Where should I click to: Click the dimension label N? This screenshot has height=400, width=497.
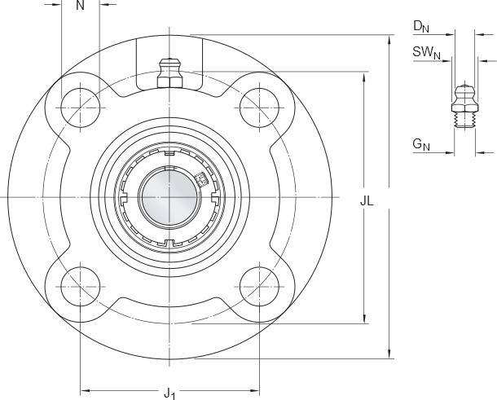tap(80, 5)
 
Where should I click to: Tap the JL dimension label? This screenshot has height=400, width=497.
tap(367, 201)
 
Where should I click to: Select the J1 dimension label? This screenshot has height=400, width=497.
tap(169, 393)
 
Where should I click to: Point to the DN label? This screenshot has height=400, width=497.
tap(421, 26)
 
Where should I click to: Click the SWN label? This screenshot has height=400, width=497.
tap(426, 52)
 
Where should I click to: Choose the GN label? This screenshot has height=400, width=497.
tap(421, 144)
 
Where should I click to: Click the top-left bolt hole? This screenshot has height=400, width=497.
tap(80, 108)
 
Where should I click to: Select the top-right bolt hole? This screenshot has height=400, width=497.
tap(259, 108)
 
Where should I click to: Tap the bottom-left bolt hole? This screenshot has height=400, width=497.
tap(80, 287)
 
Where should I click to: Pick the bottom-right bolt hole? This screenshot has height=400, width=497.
tap(259, 287)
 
